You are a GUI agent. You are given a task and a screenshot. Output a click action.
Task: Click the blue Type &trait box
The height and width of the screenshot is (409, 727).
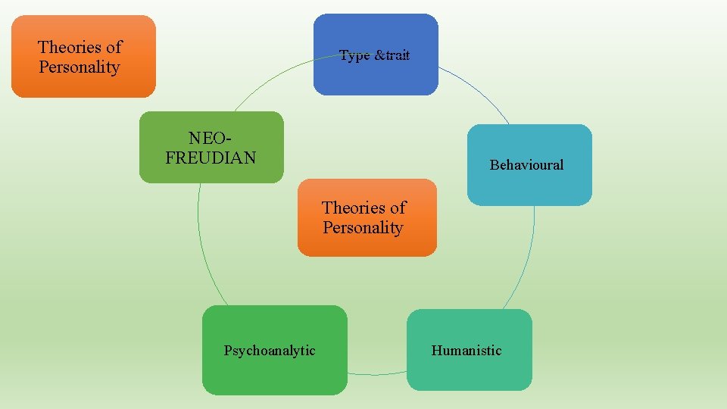click(376, 55)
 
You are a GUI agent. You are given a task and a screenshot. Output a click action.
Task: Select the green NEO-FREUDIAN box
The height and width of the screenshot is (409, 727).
click(211, 148)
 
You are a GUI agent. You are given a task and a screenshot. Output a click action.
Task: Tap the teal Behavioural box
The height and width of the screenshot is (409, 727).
click(529, 164)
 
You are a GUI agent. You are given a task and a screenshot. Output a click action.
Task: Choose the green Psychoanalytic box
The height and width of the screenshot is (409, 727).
click(274, 350)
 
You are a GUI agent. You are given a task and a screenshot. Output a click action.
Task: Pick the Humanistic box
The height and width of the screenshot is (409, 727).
click(470, 350)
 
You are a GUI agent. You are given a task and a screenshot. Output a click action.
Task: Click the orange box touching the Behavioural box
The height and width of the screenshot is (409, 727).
click(367, 218)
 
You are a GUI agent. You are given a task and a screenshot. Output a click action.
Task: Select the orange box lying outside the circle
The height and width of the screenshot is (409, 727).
click(83, 57)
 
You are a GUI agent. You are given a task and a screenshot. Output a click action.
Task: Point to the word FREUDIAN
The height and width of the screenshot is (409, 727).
click(211, 158)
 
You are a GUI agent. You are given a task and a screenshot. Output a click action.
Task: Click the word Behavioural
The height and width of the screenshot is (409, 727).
click(526, 164)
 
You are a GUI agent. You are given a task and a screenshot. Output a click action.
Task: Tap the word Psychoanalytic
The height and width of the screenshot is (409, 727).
click(270, 350)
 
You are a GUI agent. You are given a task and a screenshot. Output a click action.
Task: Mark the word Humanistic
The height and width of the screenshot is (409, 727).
click(466, 350)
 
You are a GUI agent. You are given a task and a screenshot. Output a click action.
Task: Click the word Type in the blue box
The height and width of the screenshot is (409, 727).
click(354, 55)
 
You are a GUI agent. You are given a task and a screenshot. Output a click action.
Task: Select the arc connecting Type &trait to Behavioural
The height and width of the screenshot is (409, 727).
click(477, 89)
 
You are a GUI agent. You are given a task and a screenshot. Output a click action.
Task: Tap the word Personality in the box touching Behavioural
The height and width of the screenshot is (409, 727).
click(363, 227)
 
